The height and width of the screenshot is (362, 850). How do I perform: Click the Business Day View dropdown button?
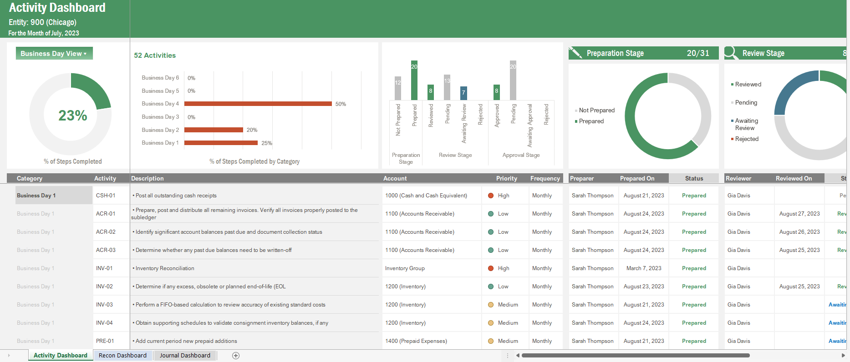tap(54, 53)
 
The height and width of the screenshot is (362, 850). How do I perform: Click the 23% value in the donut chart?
tap(73, 116)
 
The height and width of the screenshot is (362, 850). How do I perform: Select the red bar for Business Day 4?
tap(258, 104)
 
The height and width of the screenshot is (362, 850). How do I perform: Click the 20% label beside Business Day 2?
tap(252, 130)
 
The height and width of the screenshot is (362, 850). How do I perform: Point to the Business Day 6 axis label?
tap(160, 78)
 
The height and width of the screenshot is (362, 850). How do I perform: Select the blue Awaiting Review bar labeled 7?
tap(463, 93)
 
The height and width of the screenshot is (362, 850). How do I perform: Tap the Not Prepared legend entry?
tap(596, 110)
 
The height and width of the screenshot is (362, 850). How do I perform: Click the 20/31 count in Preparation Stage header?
tap(698, 53)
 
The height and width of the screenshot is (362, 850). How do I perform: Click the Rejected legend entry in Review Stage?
tap(746, 139)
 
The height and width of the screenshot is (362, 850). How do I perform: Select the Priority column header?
tap(506, 178)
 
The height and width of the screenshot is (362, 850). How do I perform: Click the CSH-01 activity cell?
tap(106, 196)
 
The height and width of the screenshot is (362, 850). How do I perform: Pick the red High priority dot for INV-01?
tap(491, 268)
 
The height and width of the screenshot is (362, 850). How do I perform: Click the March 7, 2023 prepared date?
tap(643, 268)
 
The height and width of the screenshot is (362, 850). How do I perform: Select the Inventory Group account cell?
tap(405, 268)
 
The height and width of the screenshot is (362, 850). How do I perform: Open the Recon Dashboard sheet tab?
tap(122, 356)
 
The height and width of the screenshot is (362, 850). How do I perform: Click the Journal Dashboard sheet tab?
tap(185, 356)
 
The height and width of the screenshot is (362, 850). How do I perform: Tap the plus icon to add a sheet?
tap(236, 356)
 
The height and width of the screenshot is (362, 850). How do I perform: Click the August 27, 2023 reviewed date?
tap(799, 214)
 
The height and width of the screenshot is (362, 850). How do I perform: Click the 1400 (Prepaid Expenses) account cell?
tap(416, 341)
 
